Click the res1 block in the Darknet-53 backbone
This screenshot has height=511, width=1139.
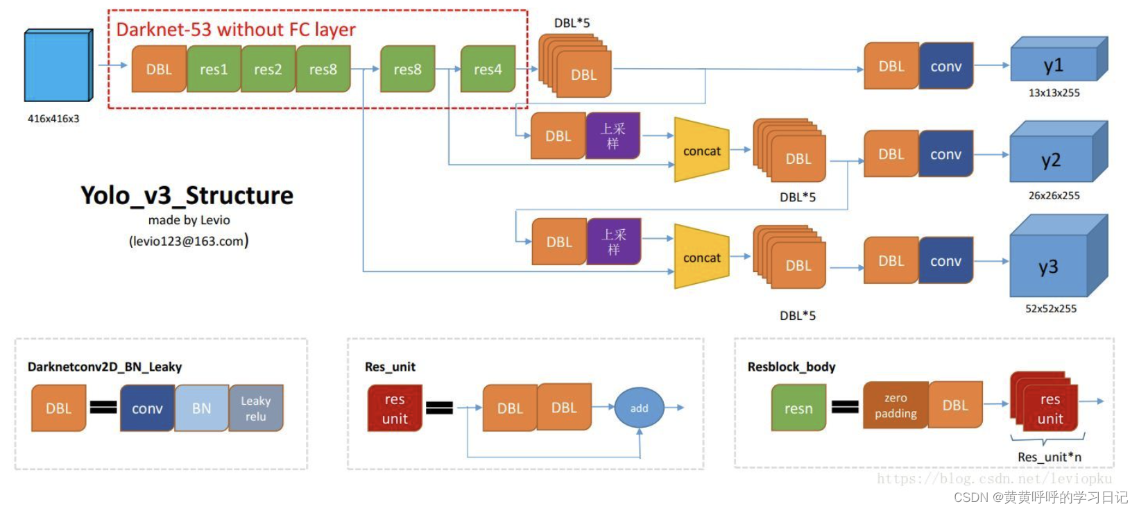pos(214,69)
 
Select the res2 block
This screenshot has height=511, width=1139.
pos(268,69)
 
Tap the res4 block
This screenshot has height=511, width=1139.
pos(488,69)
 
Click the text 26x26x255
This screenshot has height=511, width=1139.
pos(1054,196)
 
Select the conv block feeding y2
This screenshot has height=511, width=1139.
pos(945,154)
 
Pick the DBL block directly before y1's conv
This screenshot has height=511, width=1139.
pos(891,66)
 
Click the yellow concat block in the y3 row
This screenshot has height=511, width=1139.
pos(701,258)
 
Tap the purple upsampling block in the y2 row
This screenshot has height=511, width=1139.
pos(613,136)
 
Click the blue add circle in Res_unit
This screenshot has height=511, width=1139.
pos(639,408)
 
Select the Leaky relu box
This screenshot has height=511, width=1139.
pos(256,408)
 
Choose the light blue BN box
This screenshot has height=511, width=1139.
pos(201,408)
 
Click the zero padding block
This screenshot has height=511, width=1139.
pos(896,405)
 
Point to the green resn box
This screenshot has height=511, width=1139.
pos(798,408)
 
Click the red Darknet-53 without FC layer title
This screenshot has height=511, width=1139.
pos(236,30)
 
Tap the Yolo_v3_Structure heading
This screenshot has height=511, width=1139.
pos(187,195)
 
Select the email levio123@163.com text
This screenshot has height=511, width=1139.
pos(188,241)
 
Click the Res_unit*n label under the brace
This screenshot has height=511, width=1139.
pos(1049,457)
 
